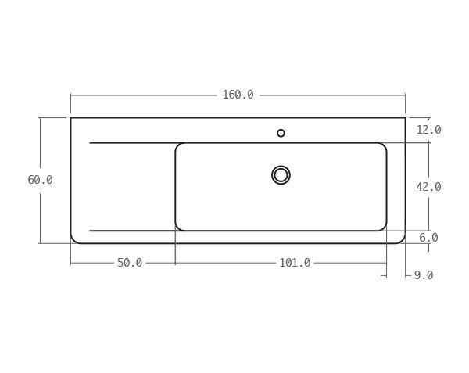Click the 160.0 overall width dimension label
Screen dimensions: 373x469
pyautogui.click(x=238, y=95)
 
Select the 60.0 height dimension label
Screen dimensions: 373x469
pyautogui.click(x=40, y=180)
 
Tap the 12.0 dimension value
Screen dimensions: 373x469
pyautogui.click(x=428, y=130)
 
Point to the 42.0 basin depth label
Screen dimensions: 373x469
pyautogui.click(x=428, y=187)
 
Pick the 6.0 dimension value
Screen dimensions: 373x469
pyautogui.click(x=428, y=238)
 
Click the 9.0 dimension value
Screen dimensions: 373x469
pyautogui.click(x=423, y=275)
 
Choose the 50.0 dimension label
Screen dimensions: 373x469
pyautogui.click(x=130, y=263)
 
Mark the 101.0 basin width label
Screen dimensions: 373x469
pyautogui.click(x=295, y=263)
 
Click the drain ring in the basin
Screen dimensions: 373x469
pyautogui.click(x=281, y=175)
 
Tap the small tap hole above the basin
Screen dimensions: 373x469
pyautogui.click(x=281, y=133)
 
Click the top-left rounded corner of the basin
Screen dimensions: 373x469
pyautogui.click(x=178, y=146)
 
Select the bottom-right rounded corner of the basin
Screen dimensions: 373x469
pyautogui.click(x=383, y=228)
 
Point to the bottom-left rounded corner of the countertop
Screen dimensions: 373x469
pyautogui.click(x=73, y=239)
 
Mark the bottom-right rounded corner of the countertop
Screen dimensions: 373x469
pyautogui.click(x=402, y=239)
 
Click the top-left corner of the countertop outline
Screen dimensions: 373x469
pyautogui.click(x=71, y=118)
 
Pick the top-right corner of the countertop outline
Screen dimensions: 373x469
pyautogui.click(x=405, y=118)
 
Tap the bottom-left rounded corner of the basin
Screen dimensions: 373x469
pyautogui.click(x=178, y=228)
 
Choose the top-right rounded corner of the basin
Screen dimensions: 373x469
pyautogui.click(x=383, y=146)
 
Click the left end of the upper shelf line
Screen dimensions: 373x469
pyautogui.click(x=91, y=143)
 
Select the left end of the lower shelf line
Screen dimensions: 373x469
pyautogui.click(x=91, y=231)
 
